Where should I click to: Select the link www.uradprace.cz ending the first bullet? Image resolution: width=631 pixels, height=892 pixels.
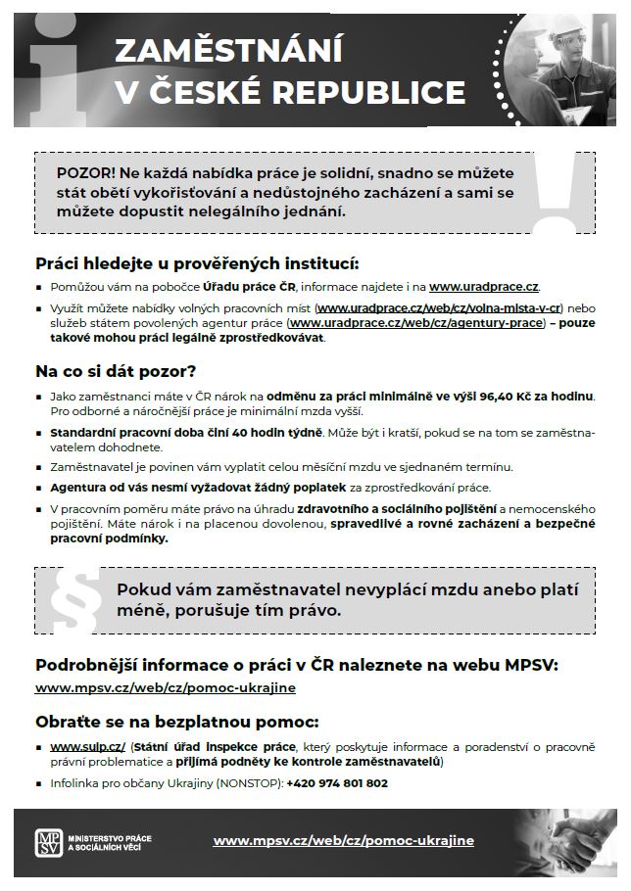click(484, 286)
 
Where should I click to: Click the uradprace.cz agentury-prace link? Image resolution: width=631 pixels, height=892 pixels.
click(416, 322)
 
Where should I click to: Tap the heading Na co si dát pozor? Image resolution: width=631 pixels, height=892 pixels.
click(117, 371)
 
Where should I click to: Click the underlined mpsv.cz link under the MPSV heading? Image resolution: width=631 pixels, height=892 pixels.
click(166, 687)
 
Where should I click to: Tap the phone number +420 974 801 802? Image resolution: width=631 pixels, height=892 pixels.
click(337, 783)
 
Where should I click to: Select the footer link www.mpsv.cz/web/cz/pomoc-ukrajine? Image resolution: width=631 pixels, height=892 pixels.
click(343, 840)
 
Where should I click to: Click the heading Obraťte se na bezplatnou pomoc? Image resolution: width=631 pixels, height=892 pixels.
click(177, 723)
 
